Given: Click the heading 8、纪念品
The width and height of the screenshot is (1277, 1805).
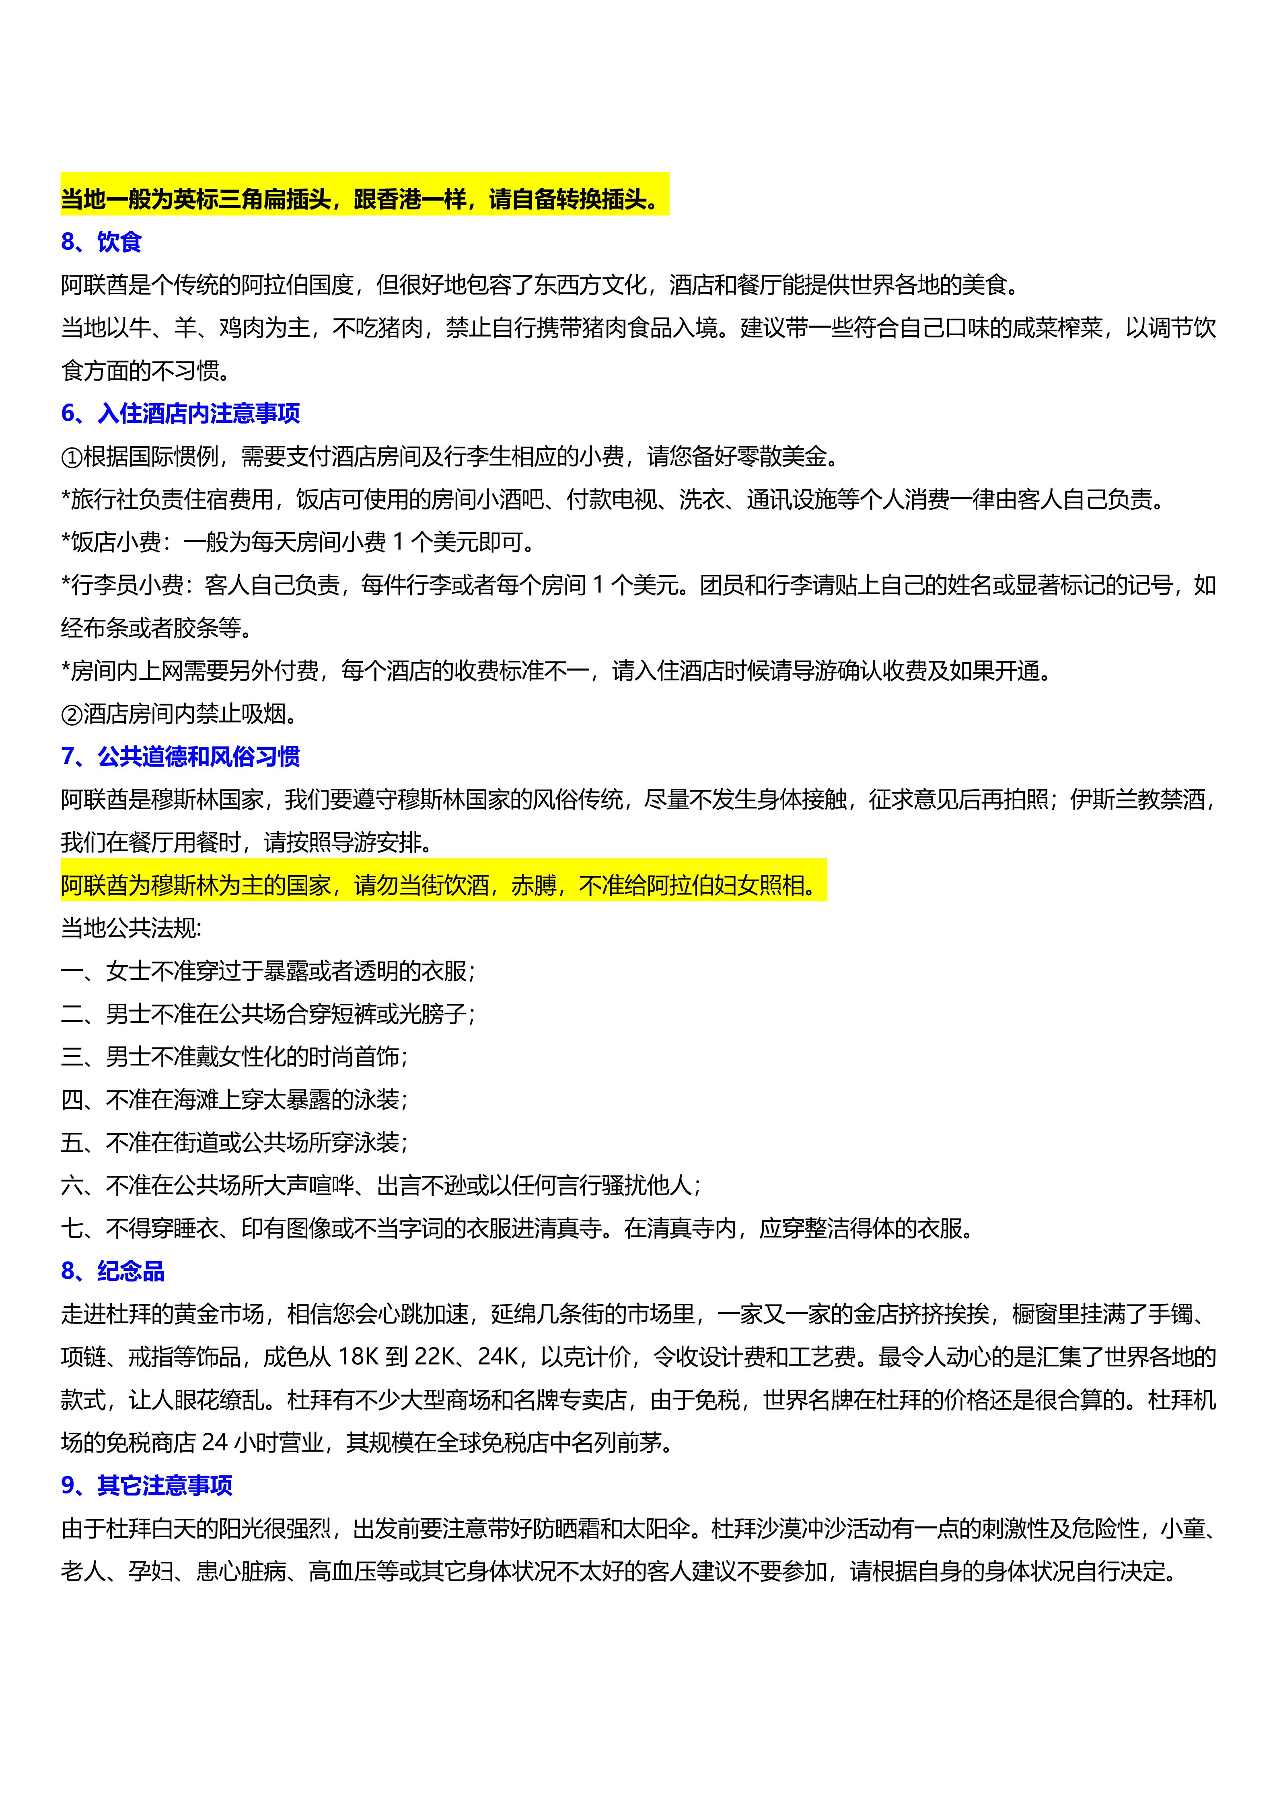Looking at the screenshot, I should [113, 1271].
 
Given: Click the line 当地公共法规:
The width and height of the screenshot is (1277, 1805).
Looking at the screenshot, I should [131, 929].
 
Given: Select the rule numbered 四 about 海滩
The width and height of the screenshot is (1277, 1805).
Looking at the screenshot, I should [234, 1100].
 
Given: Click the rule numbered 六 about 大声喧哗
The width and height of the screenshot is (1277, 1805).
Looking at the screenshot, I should [380, 1186].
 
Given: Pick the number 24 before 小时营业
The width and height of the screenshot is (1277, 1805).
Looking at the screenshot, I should [215, 1442].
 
